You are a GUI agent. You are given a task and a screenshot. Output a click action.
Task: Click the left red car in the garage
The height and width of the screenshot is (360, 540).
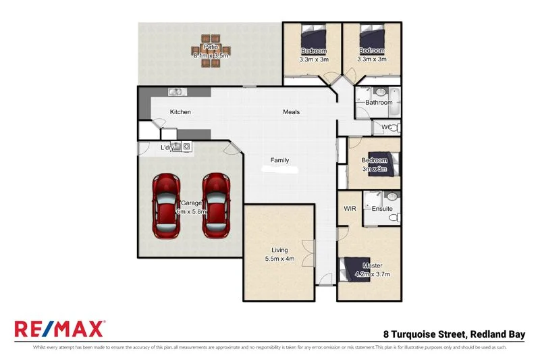(165, 205)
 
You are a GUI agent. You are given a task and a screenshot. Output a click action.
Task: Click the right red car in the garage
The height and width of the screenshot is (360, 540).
(215, 205)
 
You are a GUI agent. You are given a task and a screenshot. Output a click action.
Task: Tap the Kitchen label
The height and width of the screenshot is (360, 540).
(180, 112)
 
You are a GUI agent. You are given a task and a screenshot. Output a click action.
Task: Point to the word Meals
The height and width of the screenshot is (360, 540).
(291, 112)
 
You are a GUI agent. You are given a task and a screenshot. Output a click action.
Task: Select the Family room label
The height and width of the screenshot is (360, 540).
(279, 160)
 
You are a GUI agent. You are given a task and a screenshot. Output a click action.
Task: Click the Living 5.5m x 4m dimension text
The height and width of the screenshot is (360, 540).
(279, 259)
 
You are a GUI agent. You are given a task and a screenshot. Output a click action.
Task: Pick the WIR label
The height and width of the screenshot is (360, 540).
(350, 209)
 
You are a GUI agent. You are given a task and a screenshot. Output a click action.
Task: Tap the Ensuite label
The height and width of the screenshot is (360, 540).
(382, 209)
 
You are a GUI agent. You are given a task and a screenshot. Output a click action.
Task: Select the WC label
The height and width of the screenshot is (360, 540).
(386, 127)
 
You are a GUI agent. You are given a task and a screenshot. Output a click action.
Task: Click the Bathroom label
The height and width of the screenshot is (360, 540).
(379, 103)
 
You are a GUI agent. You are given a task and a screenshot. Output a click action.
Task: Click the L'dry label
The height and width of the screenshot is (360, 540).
(167, 148)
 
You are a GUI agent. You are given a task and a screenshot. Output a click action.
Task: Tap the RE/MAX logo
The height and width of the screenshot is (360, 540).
(59, 329)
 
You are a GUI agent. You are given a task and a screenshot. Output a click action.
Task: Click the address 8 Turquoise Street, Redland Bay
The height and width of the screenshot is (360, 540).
(458, 334)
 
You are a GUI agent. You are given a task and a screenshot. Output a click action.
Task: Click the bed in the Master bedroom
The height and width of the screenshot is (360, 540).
(356, 268)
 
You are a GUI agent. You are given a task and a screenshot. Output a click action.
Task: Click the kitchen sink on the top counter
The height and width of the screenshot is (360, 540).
(175, 92)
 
